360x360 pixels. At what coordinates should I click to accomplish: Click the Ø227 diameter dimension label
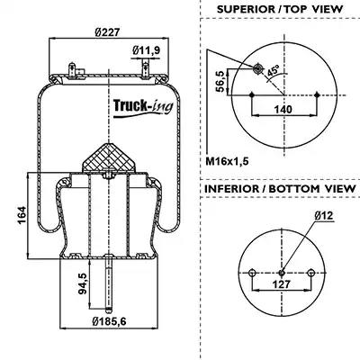coord(107,32)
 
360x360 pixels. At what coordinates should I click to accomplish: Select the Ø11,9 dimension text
coord(147,50)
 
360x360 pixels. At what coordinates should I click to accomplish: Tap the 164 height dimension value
coord(22,215)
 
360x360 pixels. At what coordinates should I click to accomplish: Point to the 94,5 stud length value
coord(83,283)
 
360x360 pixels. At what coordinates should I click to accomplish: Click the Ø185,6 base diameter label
coord(109,321)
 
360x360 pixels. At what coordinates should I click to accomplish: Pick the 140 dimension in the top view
coord(283,109)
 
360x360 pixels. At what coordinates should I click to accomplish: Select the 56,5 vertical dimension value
coord(220,81)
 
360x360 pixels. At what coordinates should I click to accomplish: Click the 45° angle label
coord(273,72)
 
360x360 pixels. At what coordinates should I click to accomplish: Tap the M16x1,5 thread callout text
coord(227,161)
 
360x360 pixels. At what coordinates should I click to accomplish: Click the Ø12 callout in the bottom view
coord(324,215)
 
